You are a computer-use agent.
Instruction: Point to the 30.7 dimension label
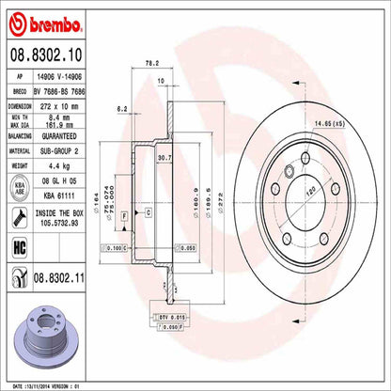[x=165, y=157]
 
